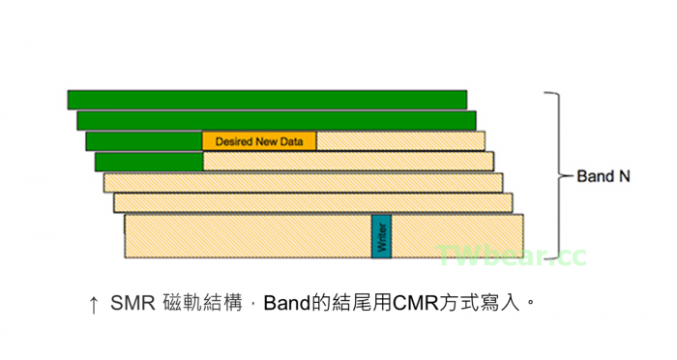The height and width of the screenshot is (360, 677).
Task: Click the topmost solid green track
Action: click(x=267, y=99)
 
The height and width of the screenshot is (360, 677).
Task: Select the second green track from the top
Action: click(x=276, y=120)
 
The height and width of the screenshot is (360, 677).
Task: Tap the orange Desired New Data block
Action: click(x=259, y=141)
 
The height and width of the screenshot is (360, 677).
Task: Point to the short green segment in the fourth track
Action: click(x=148, y=162)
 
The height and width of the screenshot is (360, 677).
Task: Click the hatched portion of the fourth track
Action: click(x=348, y=162)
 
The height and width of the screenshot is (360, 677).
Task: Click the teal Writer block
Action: click(x=381, y=236)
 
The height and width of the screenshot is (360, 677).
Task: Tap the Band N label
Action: click(x=603, y=177)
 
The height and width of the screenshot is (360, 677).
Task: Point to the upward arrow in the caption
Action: click(x=93, y=305)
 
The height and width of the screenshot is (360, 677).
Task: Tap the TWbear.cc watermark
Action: click(x=512, y=256)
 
